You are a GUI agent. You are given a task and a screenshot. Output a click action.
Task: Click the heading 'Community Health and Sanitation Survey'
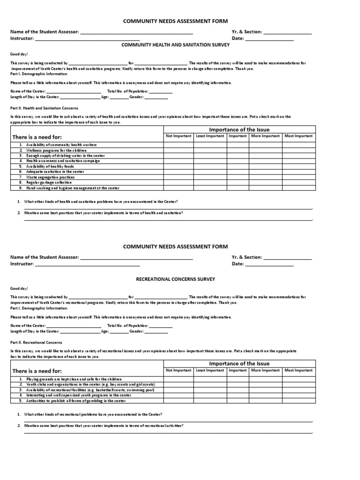point(176,45)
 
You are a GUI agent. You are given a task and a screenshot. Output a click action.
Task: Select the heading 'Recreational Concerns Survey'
point(175,279)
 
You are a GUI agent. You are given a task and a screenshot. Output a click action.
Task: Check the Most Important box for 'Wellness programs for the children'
point(299,150)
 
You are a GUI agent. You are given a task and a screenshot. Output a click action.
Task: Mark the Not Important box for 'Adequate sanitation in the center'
point(178,172)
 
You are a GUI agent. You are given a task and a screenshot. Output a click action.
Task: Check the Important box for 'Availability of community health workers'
point(238,145)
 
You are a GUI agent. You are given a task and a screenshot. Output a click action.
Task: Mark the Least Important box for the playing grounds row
point(210,379)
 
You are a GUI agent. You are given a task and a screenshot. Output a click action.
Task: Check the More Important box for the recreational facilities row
point(265,390)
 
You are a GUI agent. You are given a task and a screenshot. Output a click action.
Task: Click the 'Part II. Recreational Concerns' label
point(36,343)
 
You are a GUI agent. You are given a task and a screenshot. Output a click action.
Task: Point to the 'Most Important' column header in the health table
point(299,136)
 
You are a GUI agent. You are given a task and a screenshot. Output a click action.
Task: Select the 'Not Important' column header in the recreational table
point(178,370)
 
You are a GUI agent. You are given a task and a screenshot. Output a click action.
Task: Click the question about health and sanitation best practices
point(104,213)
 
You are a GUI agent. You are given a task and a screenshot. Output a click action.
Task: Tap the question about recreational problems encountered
point(93,414)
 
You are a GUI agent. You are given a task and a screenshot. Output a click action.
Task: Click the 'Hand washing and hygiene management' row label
point(73,188)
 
